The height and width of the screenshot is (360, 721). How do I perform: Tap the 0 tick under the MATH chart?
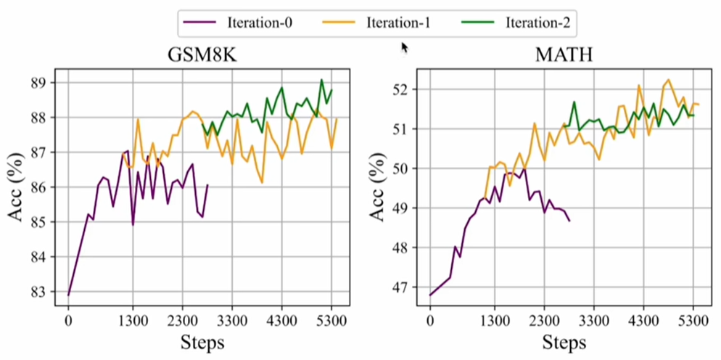(x=430, y=319)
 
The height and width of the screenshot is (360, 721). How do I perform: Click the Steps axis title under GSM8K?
(x=202, y=342)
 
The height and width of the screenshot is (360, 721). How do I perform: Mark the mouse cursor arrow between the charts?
(x=404, y=47)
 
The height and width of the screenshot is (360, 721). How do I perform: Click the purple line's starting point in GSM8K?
(x=69, y=295)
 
